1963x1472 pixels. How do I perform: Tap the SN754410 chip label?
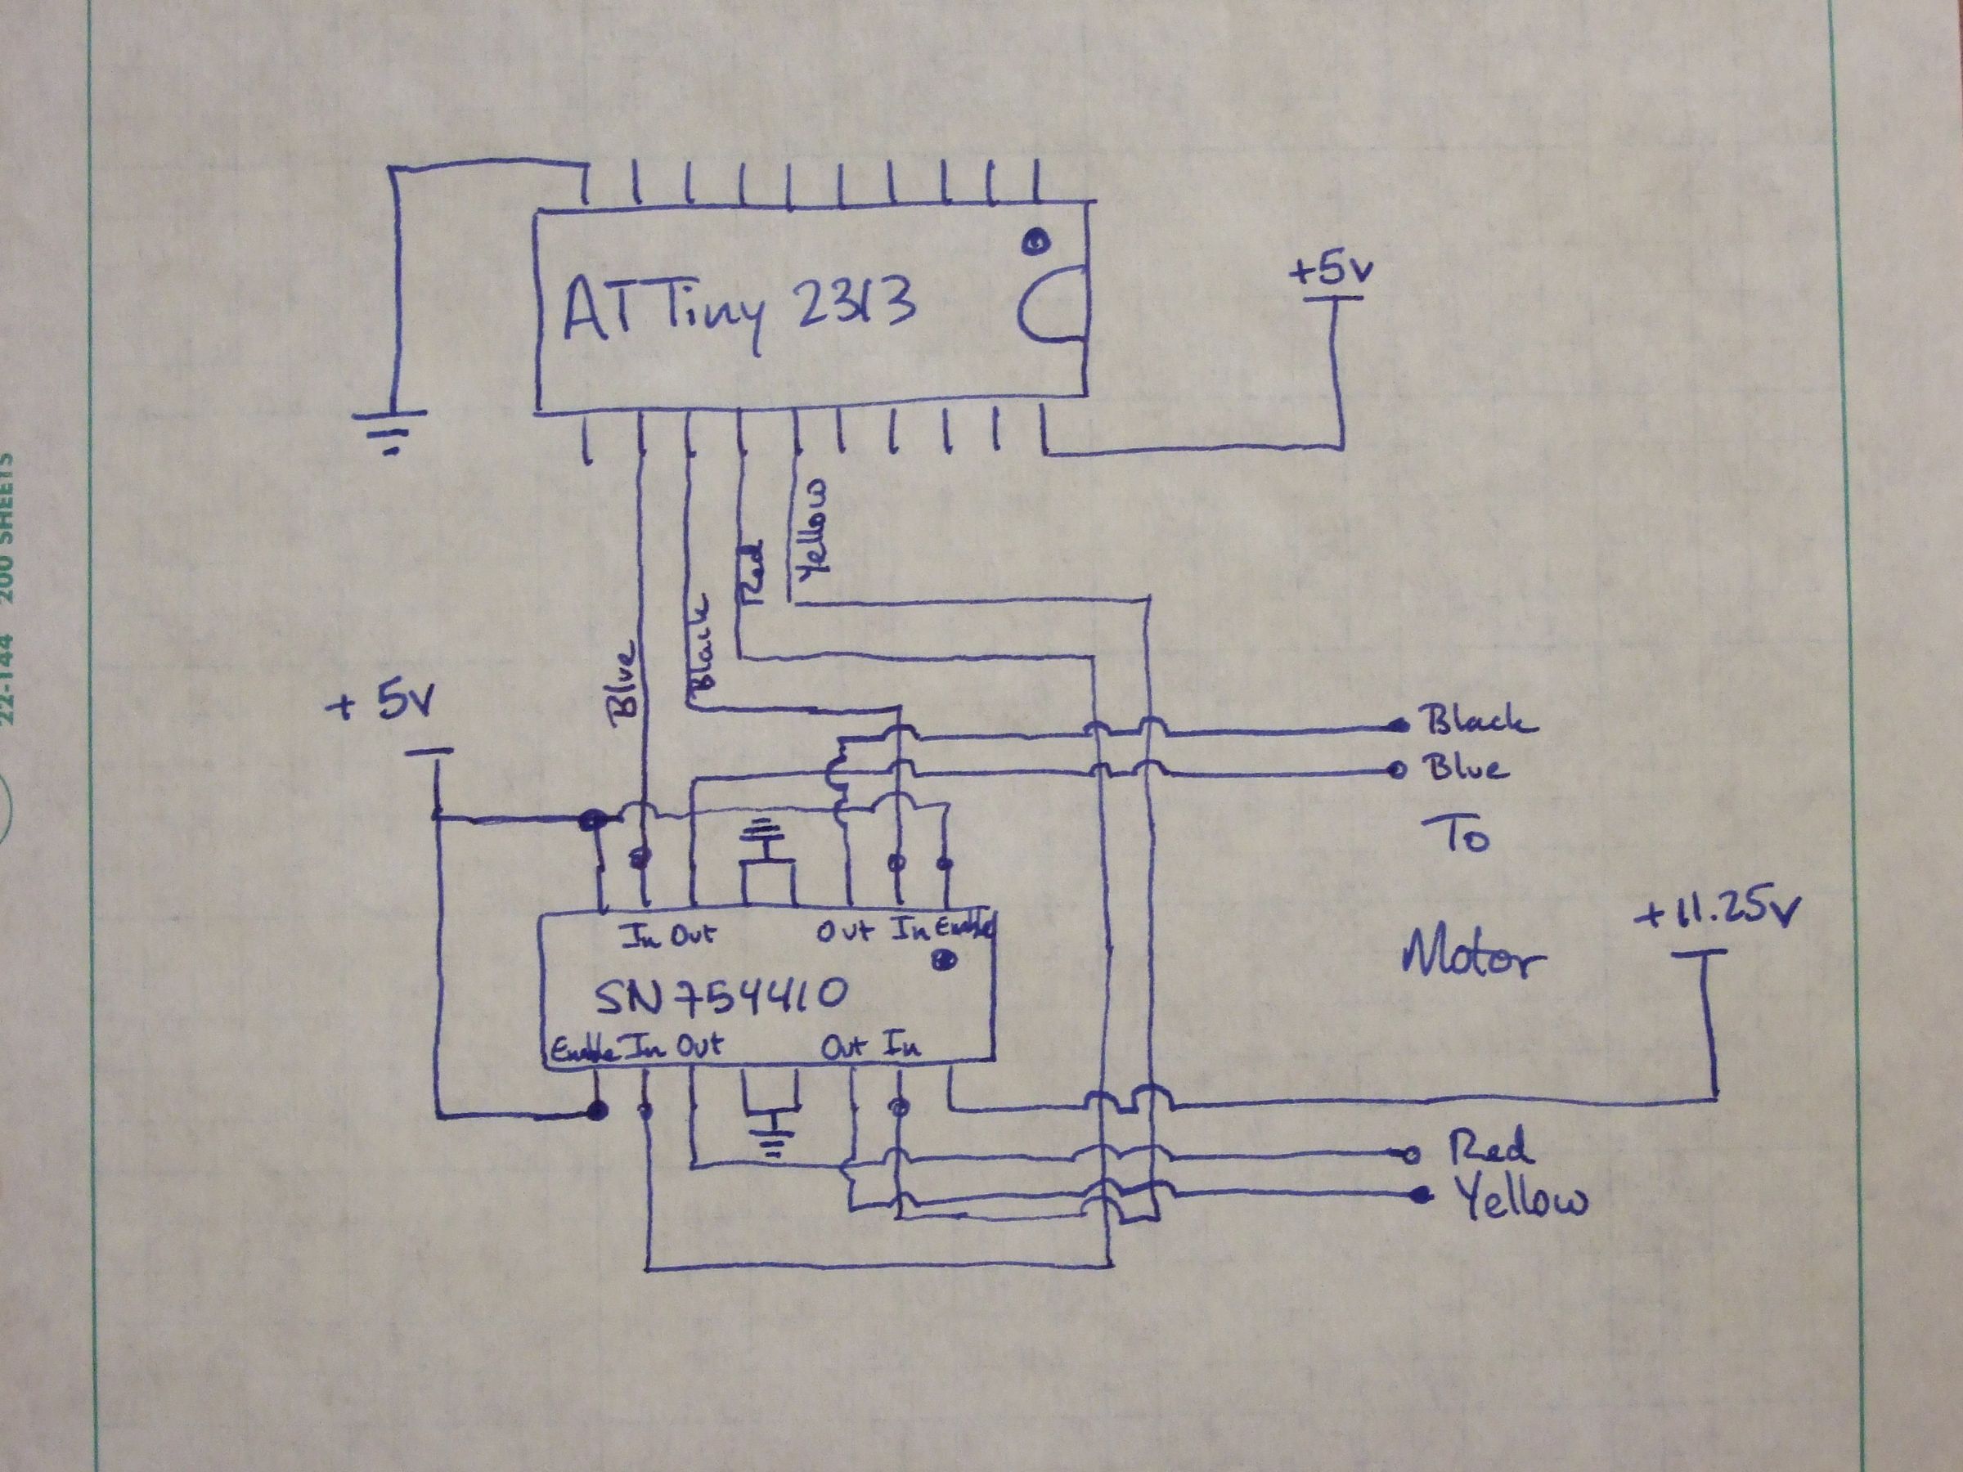(720, 998)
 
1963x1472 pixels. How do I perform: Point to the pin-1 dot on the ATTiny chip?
(1035, 240)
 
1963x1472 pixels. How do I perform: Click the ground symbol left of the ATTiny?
(389, 430)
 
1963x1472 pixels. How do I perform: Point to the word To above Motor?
(1455, 835)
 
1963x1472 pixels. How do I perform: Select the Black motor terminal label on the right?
(1478, 720)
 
